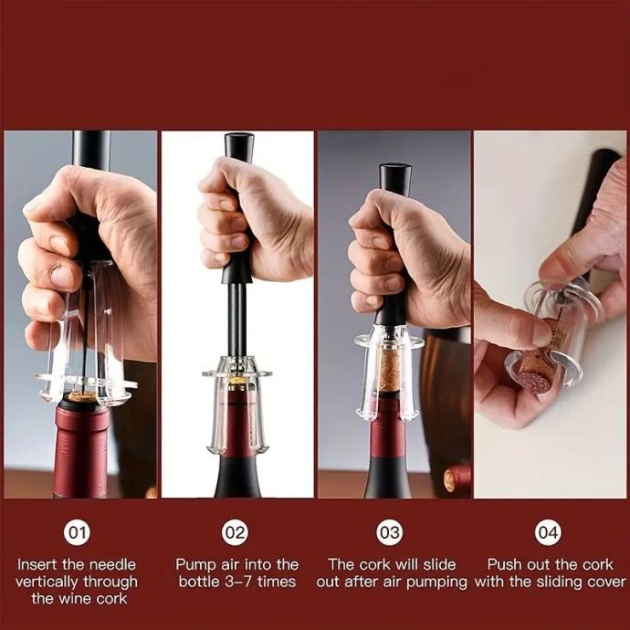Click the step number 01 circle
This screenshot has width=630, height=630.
pos(77,532)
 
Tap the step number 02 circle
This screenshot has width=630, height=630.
pos(235,532)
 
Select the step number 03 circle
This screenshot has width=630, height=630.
pos(389,532)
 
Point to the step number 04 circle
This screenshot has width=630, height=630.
pos(548,532)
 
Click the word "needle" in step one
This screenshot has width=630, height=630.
pos(112,564)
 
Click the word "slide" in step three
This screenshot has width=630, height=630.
pos(439,564)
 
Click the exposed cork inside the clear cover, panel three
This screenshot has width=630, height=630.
pos(389,370)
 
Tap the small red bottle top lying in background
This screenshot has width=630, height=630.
pos(457,479)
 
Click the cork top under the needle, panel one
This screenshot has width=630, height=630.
pos(81,396)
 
